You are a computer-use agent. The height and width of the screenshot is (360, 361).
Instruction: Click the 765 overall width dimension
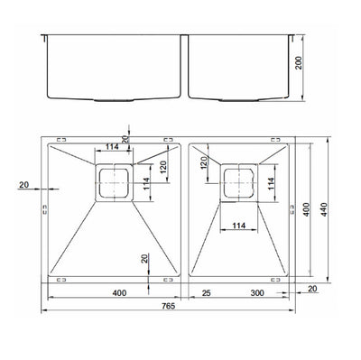(x=170, y=307)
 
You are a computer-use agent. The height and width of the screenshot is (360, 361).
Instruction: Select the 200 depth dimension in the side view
(x=310, y=66)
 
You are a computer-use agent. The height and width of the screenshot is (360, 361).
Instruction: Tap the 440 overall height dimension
(x=336, y=209)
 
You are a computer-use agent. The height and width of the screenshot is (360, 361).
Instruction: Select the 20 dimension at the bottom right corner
(x=311, y=289)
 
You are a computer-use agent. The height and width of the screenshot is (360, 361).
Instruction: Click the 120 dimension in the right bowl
(x=205, y=164)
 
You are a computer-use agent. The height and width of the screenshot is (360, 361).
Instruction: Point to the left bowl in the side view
(x=112, y=68)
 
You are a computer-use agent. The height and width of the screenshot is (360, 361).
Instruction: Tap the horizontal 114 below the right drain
(x=238, y=226)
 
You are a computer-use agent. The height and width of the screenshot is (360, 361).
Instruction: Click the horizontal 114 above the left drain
(x=113, y=146)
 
